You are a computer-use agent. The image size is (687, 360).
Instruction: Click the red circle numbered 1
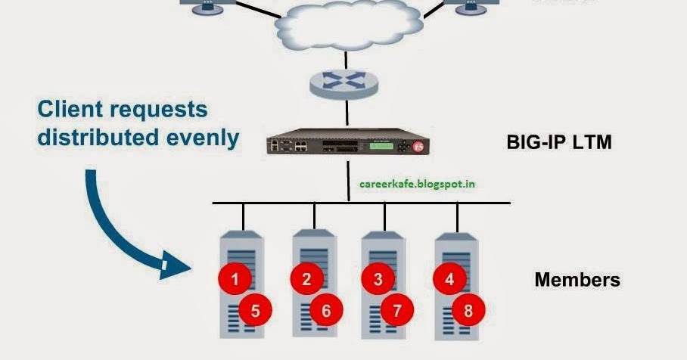point(235,279)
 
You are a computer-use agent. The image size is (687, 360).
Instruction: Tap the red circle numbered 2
point(306,279)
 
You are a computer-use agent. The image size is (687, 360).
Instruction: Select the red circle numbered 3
point(378,279)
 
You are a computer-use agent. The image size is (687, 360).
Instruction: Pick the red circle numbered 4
point(449,279)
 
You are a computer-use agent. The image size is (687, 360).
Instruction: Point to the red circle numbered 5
point(255,309)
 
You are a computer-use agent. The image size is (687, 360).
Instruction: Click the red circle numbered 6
point(326,309)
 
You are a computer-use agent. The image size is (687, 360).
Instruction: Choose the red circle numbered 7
point(397,309)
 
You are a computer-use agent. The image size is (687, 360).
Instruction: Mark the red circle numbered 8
point(468,309)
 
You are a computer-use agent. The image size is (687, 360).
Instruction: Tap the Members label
point(577,280)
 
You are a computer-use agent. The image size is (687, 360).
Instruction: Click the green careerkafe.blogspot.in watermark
point(418,183)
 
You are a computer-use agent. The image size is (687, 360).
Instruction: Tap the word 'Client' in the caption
point(73,110)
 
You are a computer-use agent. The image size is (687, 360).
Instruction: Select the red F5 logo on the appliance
point(424,147)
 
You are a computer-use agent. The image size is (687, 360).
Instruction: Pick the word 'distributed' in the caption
point(95,138)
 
